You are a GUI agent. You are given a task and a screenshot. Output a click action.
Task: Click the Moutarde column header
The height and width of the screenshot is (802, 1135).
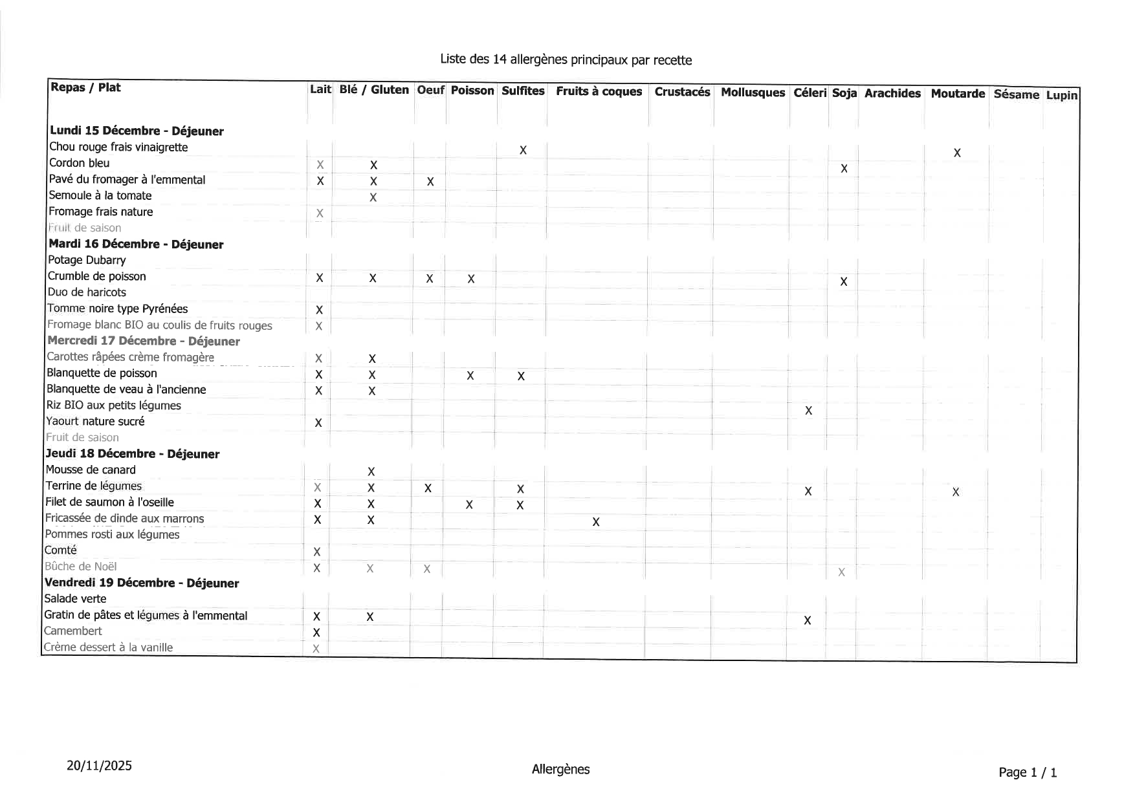pyautogui.click(x=957, y=94)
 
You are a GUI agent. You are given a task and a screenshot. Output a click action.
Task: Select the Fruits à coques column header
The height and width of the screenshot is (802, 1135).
pyautogui.click(x=599, y=91)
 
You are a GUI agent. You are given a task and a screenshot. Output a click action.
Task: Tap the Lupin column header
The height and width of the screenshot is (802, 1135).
pyautogui.click(x=1061, y=96)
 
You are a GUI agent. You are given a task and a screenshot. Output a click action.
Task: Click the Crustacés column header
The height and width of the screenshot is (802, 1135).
pyautogui.click(x=682, y=92)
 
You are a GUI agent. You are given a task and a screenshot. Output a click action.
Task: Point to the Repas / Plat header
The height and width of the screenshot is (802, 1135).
pyautogui.click(x=85, y=87)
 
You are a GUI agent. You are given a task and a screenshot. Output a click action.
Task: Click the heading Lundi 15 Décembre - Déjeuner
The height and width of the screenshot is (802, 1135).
pyautogui.click(x=137, y=131)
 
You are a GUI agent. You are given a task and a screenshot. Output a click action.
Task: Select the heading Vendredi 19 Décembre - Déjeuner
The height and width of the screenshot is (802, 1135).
pyautogui.click(x=142, y=583)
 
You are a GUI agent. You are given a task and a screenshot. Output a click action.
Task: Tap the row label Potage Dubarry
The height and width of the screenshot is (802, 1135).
pyautogui.click(x=87, y=260)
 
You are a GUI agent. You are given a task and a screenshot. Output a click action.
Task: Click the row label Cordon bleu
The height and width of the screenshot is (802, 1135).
pyautogui.click(x=80, y=163)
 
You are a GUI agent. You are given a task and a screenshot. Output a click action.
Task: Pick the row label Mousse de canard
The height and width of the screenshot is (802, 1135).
pyautogui.click(x=91, y=470)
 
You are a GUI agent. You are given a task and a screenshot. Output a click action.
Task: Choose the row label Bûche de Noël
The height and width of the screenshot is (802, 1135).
pyautogui.click(x=81, y=567)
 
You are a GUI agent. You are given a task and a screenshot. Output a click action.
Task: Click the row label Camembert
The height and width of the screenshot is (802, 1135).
pyautogui.click(x=73, y=631)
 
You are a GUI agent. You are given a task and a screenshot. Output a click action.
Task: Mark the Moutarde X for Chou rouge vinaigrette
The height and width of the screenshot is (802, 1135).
pyautogui.click(x=957, y=153)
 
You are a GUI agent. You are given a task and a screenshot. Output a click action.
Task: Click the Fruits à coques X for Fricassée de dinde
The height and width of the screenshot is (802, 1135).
pyautogui.click(x=595, y=522)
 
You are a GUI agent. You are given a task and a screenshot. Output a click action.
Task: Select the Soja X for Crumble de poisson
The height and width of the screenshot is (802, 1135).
pyautogui.click(x=843, y=281)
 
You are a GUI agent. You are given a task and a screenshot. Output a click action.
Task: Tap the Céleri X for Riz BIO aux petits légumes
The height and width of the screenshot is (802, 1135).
pyautogui.click(x=808, y=411)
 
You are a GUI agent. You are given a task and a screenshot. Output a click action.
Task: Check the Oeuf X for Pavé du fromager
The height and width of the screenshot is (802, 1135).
pyautogui.click(x=430, y=182)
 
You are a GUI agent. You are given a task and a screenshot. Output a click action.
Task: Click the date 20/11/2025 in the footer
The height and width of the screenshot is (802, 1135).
pyautogui.click(x=99, y=766)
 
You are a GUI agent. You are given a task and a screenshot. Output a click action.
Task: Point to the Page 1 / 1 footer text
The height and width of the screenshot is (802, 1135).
pyautogui.click(x=1028, y=772)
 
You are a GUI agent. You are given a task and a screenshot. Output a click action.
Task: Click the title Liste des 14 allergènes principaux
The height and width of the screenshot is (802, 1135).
pyautogui.click(x=566, y=60)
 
